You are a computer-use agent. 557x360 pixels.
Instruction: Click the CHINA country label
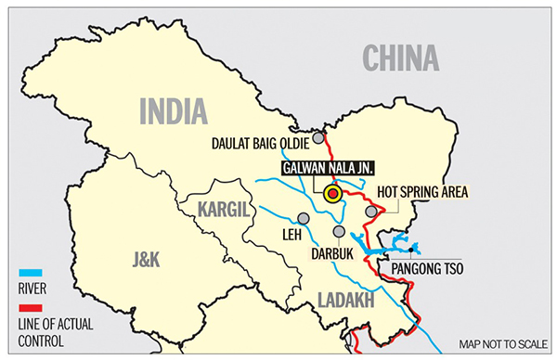[400, 58]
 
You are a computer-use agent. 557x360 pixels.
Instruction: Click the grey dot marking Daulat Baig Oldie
[318, 137]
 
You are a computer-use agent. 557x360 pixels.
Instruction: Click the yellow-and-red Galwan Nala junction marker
[332, 194]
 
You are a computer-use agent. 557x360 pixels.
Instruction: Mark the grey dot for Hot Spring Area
[371, 212]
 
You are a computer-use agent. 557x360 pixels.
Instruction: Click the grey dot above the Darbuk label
[340, 231]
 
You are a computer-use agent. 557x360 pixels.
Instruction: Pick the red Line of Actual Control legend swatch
[31, 308]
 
